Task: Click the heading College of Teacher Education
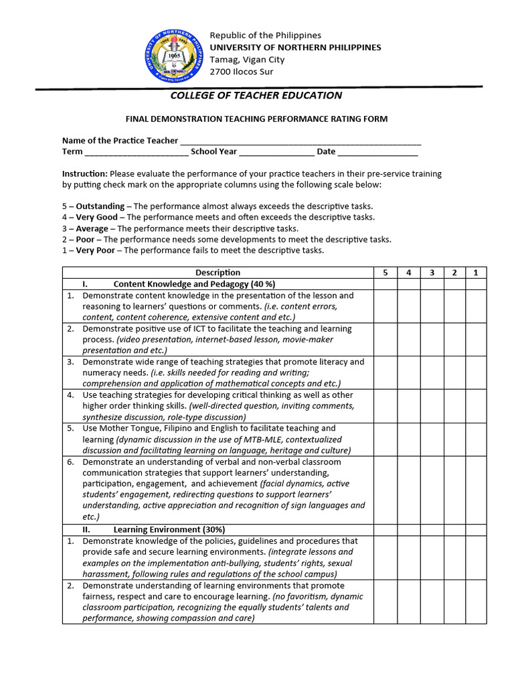[256, 95]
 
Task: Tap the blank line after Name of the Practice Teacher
[301, 141]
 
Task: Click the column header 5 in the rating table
[385, 273]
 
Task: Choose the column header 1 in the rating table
[475, 273]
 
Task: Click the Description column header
[218, 273]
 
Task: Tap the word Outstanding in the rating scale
[100, 206]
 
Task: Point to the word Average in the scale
[92, 228]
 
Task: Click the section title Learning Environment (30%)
[161, 529]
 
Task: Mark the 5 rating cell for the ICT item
[385, 340]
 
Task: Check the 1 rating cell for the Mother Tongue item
[475, 439]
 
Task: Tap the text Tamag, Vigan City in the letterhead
[247, 59]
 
